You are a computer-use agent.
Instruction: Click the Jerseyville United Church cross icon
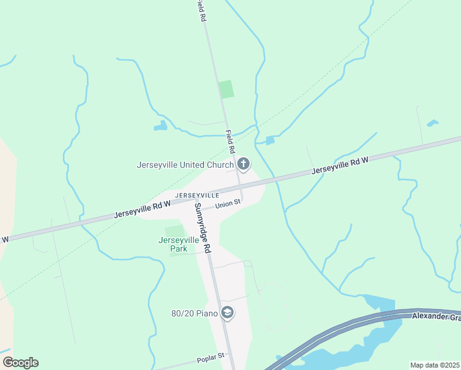click(243, 164)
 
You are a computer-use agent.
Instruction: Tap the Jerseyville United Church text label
click(185, 165)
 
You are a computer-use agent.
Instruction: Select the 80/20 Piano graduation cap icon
click(227, 313)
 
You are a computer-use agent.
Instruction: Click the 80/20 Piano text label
click(195, 313)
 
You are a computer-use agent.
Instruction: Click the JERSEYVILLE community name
click(180, 195)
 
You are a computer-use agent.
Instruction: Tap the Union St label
click(227, 205)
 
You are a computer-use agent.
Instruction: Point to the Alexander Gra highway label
click(436, 317)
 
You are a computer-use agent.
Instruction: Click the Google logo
click(20, 363)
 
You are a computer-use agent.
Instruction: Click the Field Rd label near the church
click(229, 142)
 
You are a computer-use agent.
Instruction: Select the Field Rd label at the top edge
click(201, 11)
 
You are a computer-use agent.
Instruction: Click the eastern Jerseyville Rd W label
click(340, 165)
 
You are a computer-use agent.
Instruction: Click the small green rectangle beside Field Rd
click(227, 89)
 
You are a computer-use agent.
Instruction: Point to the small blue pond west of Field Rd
click(161, 126)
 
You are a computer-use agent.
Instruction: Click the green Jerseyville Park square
click(175, 231)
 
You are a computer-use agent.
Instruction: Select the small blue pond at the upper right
click(433, 123)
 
